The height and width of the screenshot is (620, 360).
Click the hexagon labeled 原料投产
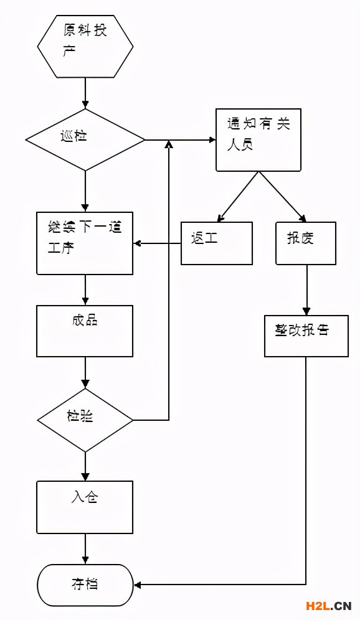(x=85, y=46)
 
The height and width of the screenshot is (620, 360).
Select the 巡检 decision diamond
(x=85, y=139)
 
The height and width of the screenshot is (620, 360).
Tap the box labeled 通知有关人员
(x=258, y=140)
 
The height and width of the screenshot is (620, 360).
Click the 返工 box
(x=217, y=243)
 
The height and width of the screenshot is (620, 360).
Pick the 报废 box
(x=306, y=243)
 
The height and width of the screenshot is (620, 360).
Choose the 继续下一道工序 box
(x=85, y=243)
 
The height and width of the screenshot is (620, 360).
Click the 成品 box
(x=85, y=331)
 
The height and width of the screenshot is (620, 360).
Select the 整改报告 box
(x=306, y=336)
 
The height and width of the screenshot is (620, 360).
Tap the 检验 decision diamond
(x=85, y=420)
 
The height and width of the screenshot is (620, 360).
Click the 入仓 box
(x=85, y=507)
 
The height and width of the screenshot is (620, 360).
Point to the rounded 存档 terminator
(x=85, y=585)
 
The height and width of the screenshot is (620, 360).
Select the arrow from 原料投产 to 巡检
(x=85, y=93)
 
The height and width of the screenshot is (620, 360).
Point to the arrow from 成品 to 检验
(x=85, y=373)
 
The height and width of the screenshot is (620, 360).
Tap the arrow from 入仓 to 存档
(x=85, y=549)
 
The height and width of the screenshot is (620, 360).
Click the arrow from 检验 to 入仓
(x=85, y=466)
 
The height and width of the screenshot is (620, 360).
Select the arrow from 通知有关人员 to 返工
(x=237, y=197)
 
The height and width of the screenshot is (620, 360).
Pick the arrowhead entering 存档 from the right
(x=138, y=585)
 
